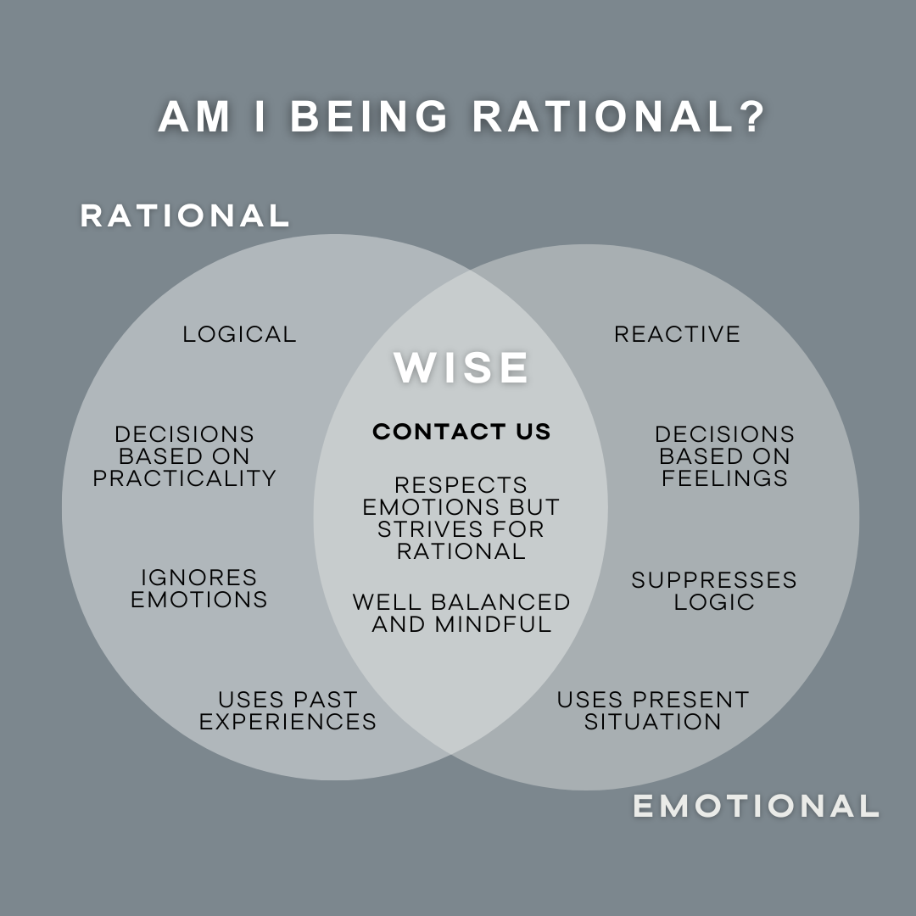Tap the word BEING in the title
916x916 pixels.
[x=370, y=118]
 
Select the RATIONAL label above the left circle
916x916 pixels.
[x=185, y=215]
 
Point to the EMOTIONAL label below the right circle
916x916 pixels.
[x=756, y=806]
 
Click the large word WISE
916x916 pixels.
[x=462, y=367]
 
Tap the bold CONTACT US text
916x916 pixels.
[x=461, y=432]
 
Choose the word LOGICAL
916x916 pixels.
[x=240, y=334]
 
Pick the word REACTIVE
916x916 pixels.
[x=677, y=334]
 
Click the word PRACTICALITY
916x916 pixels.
[x=185, y=478]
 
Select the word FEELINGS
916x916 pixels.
[x=724, y=478]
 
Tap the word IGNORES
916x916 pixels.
[x=199, y=578]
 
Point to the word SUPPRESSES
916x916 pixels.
[x=714, y=581]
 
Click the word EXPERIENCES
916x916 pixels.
[x=288, y=722]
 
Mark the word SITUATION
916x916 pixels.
[x=653, y=722]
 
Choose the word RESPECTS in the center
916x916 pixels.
[x=461, y=485]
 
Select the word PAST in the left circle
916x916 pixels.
[x=325, y=700]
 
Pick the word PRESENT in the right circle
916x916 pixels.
[x=690, y=700]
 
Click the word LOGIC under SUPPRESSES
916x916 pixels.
[x=714, y=602]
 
